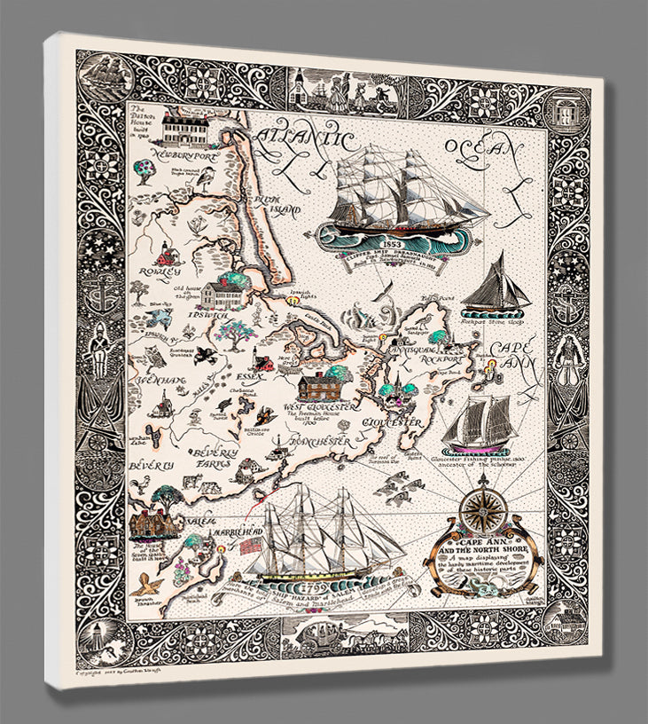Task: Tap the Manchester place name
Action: click(x=307, y=441)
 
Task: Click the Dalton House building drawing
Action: click(x=186, y=131)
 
